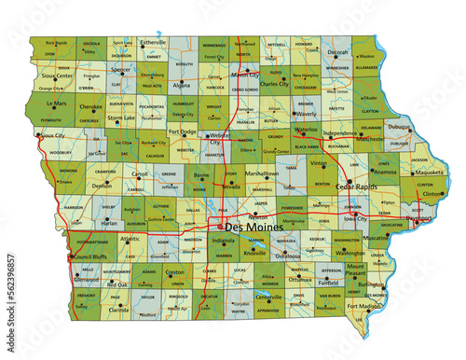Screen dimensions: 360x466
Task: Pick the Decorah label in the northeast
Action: click(337, 53)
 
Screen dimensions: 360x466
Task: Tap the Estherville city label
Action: click(154, 43)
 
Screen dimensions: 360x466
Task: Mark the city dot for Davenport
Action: click(415, 221)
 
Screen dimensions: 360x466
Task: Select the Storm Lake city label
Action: click(121, 118)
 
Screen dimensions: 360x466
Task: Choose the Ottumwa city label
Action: click(299, 279)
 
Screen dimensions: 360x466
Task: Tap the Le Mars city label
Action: click(57, 104)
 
